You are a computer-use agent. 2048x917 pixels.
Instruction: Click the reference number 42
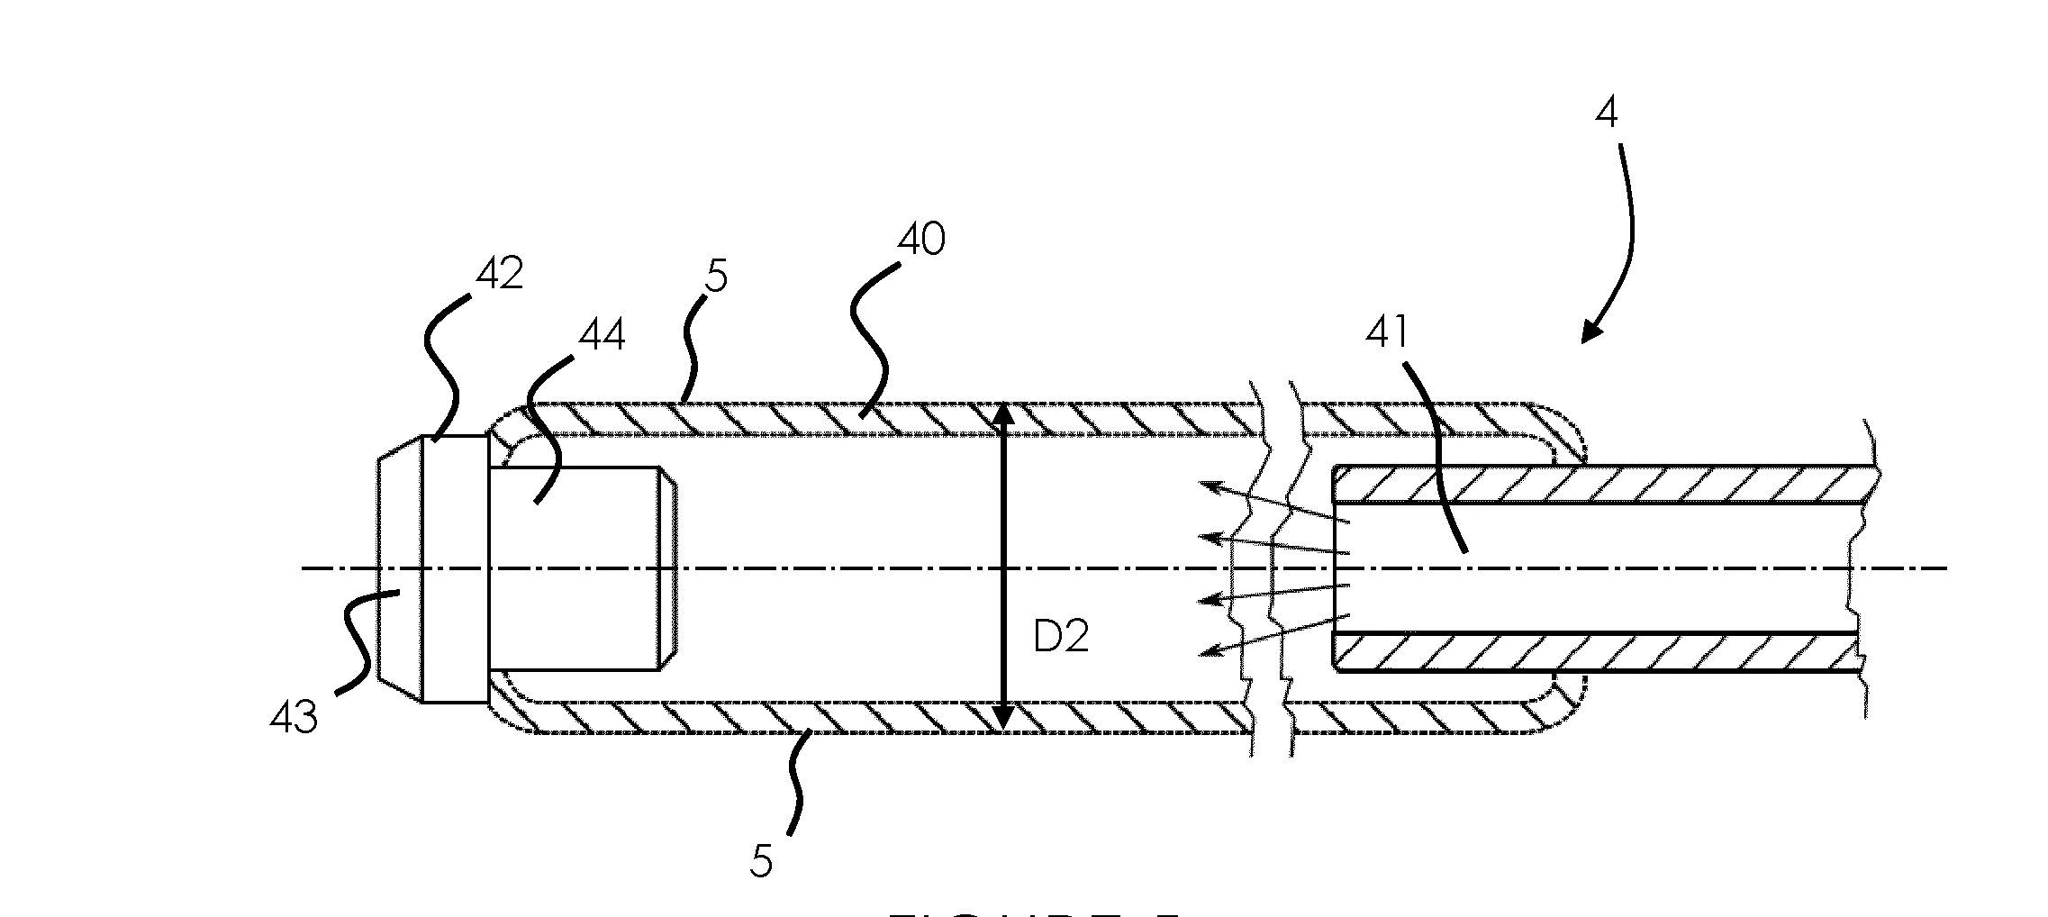click(499, 273)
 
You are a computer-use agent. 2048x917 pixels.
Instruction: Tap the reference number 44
click(601, 336)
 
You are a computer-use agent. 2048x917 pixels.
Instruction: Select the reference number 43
click(294, 719)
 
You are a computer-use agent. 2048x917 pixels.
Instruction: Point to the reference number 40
click(921, 241)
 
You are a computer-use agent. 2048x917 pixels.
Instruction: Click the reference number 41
click(1387, 334)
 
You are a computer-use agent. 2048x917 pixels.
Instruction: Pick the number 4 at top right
click(1607, 114)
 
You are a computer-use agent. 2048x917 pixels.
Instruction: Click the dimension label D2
click(1060, 638)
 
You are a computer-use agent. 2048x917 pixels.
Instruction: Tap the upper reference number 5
click(716, 277)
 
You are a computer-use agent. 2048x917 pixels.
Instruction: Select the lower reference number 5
click(761, 862)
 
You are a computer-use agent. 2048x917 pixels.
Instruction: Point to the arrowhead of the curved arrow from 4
click(1590, 333)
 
